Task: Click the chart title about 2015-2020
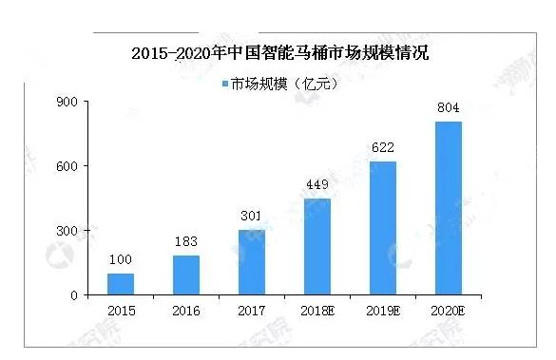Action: coord(279,52)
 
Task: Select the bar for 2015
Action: coord(121,284)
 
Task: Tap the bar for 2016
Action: coord(186,275)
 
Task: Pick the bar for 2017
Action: coord(252,262)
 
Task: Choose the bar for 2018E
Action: coord(317,247)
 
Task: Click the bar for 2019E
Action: coord(383,228)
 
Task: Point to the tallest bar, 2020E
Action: coord(449,208)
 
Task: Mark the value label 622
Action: coord(383,147)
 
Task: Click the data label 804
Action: coord(449,108)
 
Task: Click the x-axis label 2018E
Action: coord(317,310)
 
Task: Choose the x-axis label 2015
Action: coord(121,310)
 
